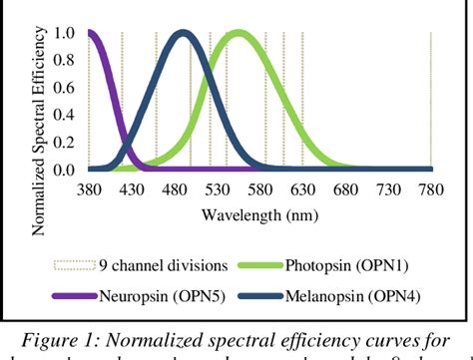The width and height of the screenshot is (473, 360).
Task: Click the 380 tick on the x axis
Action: click(x=89, y=188)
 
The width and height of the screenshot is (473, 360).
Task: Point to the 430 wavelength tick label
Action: click(x=132, y=188)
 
